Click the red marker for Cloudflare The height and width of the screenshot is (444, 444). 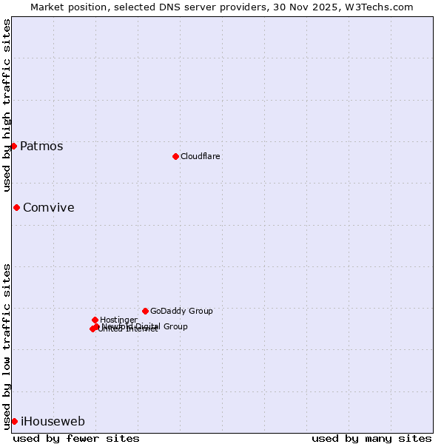pyautogui.click(x=175, y=156)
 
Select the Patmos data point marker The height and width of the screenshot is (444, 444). pyautogui.click(x=13, y=146)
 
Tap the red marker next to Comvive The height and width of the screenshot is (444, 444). pyautogui.click(x=16, y=207)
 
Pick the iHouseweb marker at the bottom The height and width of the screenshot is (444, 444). pyautogui.click(x=14, y=421)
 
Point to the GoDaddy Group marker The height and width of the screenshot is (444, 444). pyautogui.click(x=145, y=311)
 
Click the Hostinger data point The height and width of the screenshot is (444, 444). pyautogui.click(x=95, y=320)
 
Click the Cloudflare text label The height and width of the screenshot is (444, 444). pyautogui.click(x=200, y=156)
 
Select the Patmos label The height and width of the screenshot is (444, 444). pyautogui.click(x=41, y=146)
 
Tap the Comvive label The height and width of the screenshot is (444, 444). pyautogui.click(x=49, y=207)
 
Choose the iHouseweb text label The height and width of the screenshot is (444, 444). pyautogui.click(x=53, y=421)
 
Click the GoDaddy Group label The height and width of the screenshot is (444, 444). pyautogui.click(x=181, y=311)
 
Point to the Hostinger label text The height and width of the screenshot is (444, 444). pyautogui.click(x=118, y=320)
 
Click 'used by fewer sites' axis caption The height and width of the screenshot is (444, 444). pyautogui.click(x=76, y=438)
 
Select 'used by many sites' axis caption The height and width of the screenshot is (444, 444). pyautogui.click(x=371, y=438)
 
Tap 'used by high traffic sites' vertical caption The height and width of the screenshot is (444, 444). pyautogui.click(x=7, y=105)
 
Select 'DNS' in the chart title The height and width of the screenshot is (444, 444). pyautogui.click(x=159, y=7)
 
